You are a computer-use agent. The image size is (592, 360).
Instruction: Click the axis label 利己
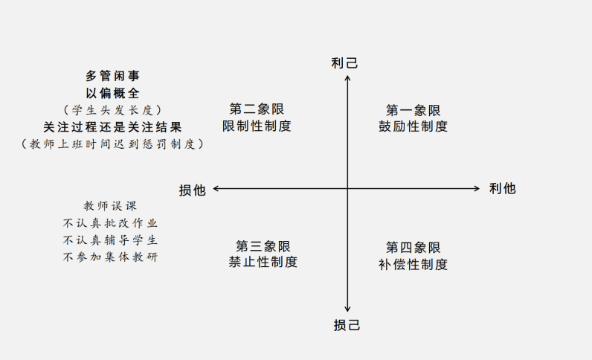pos(344,62)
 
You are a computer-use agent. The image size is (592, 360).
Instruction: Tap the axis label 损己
pos(347,325)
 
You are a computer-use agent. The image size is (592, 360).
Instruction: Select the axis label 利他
pos(502,188)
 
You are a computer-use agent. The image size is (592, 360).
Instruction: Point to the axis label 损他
pos(192,190)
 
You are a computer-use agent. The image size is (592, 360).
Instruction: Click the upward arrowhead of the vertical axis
pos(347,77)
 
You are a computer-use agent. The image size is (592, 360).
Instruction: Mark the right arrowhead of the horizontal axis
pos(478,188)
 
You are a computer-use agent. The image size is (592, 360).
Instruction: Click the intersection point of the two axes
pos(347,188)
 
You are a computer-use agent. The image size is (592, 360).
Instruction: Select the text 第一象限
pos(413,110)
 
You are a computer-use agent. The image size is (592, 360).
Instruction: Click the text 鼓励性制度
pos(413,126)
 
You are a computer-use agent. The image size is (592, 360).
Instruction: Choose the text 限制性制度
pos(257,126)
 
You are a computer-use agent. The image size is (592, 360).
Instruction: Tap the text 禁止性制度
pos(263,262)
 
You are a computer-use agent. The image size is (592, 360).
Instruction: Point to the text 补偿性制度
pos(413,264)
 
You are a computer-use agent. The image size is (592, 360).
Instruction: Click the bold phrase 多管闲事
pos(112,76)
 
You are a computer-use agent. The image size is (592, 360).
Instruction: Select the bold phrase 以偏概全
pos(112,93)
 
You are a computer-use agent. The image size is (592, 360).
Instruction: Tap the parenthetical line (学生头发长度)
pos(112,110)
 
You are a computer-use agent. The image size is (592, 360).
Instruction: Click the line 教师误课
pos(110,206)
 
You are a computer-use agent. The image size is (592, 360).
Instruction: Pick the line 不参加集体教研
pos(110,257)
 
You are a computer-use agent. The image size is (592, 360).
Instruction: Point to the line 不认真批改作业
pos(110,223)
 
